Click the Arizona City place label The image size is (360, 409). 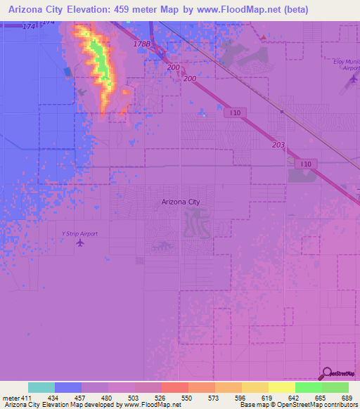(x=181, y=202)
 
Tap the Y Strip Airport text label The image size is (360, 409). (x=79, y=233)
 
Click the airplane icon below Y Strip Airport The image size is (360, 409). (x=79, y=243)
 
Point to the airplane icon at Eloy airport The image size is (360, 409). (x=352, y=80)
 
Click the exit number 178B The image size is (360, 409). (x=141, y=44)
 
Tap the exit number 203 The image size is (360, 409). (x=278, y=145)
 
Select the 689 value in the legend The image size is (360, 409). (x=348, y=398)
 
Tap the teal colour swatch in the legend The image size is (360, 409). (x=41, y=387)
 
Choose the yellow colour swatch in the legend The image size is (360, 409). (x=281, y=387)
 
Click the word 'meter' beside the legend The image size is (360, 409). (x=10, y=398)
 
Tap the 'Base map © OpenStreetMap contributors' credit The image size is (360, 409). (x=298, y=405)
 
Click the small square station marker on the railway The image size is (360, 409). (x=281, y=111)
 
